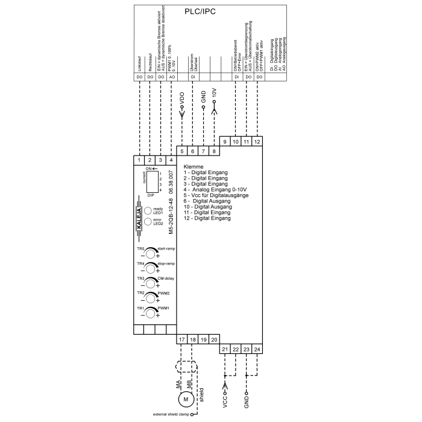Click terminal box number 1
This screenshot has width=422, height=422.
(x=139, y=160)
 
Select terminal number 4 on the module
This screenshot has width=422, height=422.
(x=171, y=160)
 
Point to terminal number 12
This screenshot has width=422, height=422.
(x=257, y=141)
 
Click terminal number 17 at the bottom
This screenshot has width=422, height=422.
(x=182, y=340)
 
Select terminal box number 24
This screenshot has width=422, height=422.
(x=257, y=350)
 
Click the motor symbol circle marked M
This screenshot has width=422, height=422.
(x=186, y=398)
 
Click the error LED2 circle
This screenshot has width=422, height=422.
(x=148, y=222)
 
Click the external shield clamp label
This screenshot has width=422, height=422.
(x=171, y=415)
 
